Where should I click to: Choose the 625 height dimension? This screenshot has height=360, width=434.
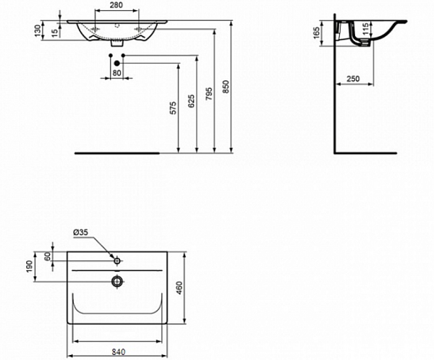191,103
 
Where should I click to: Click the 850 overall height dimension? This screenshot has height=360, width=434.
226,87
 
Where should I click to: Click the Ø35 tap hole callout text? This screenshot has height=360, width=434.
82,233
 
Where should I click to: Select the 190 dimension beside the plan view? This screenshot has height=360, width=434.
29,266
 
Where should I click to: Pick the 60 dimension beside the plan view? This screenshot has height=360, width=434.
48,257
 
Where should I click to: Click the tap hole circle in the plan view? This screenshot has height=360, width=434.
116,259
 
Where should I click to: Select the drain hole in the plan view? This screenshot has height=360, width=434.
116,279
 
